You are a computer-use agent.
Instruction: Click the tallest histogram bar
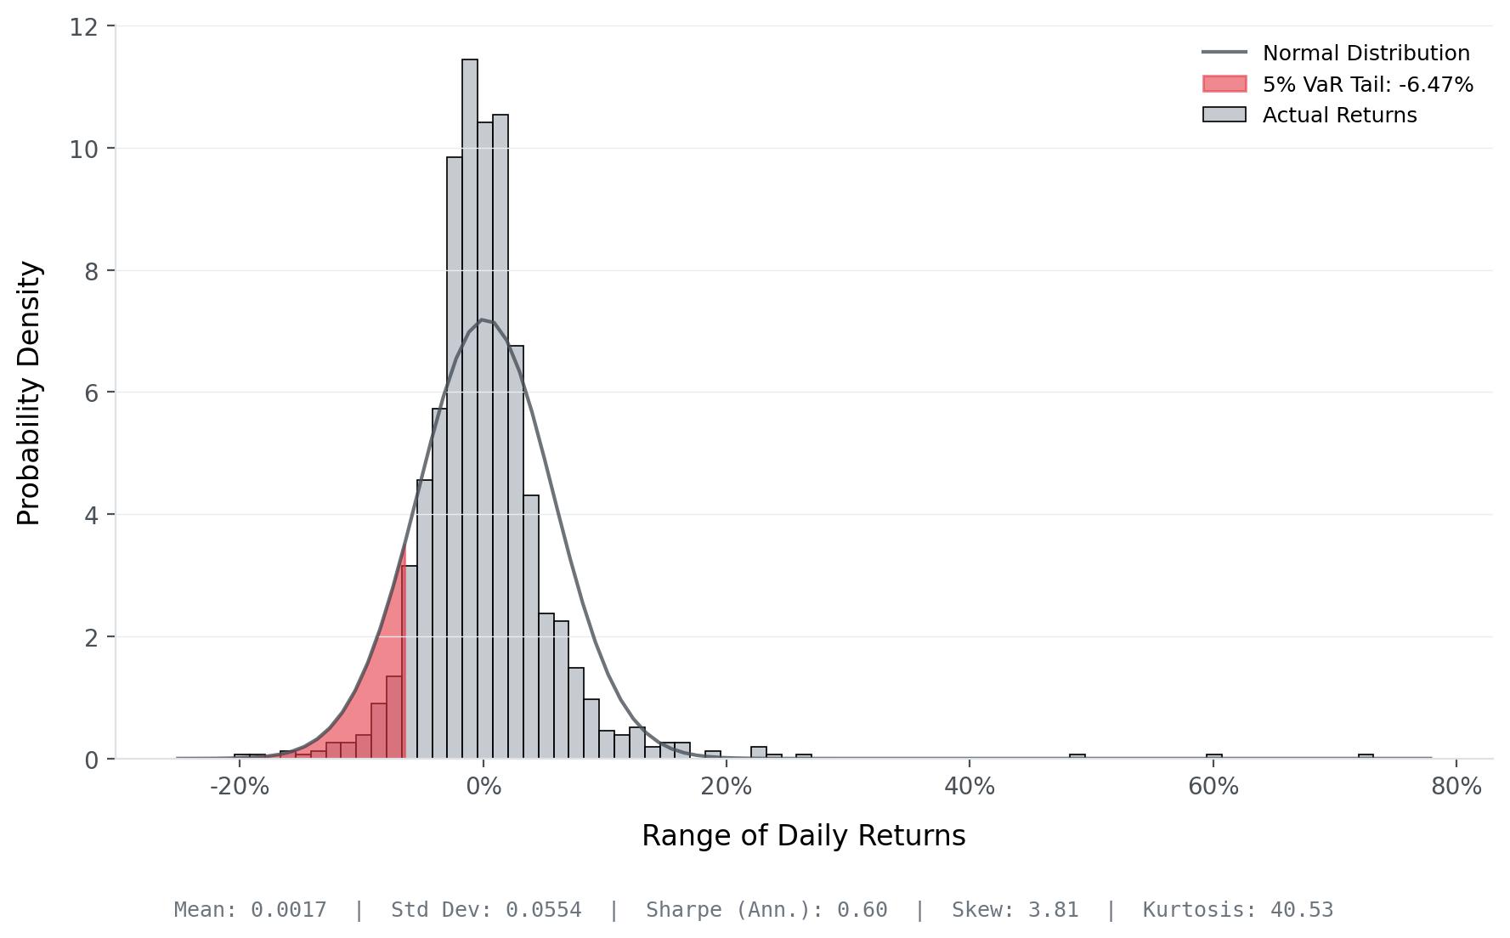point(470,408)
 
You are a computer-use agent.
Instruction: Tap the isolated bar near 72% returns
point(1366,756)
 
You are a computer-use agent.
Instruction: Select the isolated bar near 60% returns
point(1213,756)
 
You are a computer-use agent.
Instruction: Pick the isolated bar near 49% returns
point(1077,756)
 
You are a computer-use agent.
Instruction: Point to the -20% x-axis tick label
point(239,787)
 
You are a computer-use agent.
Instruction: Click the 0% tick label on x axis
point(483,787)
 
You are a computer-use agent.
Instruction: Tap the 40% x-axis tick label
point(970,787)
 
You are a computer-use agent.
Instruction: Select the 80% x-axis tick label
point(1456,787)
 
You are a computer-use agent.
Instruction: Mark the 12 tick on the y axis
point(83,27)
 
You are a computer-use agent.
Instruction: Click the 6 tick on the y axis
point(91,393)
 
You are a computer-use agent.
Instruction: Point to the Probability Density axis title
point(29,393)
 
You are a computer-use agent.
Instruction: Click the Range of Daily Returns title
point(803,836)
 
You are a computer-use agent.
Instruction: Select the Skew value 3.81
point(1053,910)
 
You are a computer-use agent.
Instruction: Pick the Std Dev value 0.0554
point(543,910)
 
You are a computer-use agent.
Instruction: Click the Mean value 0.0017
point(288,910)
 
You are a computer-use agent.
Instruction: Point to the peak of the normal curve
point(483,319)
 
